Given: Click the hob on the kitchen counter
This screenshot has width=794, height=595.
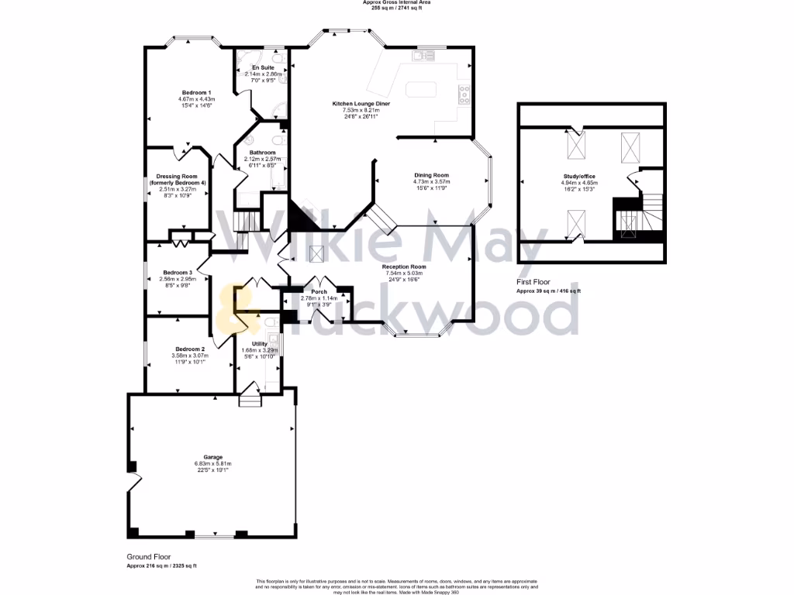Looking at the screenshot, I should click(464, 95).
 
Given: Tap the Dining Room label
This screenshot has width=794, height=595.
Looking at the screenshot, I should click(431, 175).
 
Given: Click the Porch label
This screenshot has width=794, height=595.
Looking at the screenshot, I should click(319, 291).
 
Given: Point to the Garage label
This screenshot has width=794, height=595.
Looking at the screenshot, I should click(212, 457).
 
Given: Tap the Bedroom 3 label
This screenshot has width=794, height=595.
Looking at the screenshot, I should click(178, 273).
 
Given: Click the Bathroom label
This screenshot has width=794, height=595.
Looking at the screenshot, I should click(263, 153).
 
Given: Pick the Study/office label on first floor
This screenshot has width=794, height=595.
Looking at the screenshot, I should click(579, 176).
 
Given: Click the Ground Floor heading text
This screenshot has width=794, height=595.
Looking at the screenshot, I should click(149, 556).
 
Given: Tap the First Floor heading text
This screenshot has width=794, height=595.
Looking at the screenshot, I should click(533, 283).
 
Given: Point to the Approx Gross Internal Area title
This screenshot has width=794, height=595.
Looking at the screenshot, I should click(396, 2).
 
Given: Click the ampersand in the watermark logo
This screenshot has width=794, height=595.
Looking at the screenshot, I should click(230, 308).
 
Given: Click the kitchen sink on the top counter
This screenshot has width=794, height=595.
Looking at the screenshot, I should click(425, 55).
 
